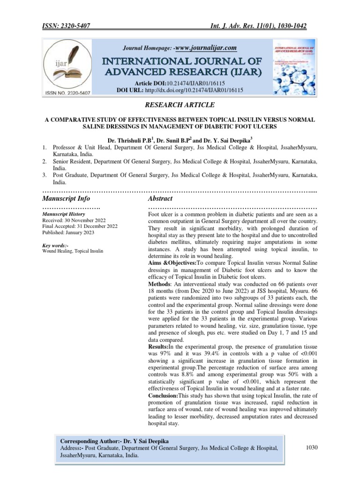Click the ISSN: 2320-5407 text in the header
point(64,27)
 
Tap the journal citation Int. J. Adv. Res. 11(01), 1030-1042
point(260,27)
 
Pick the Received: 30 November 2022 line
point(74,220)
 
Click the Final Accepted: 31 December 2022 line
point(80,226)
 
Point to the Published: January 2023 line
point(67,232)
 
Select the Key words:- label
point(55,245)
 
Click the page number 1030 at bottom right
point(311,448)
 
